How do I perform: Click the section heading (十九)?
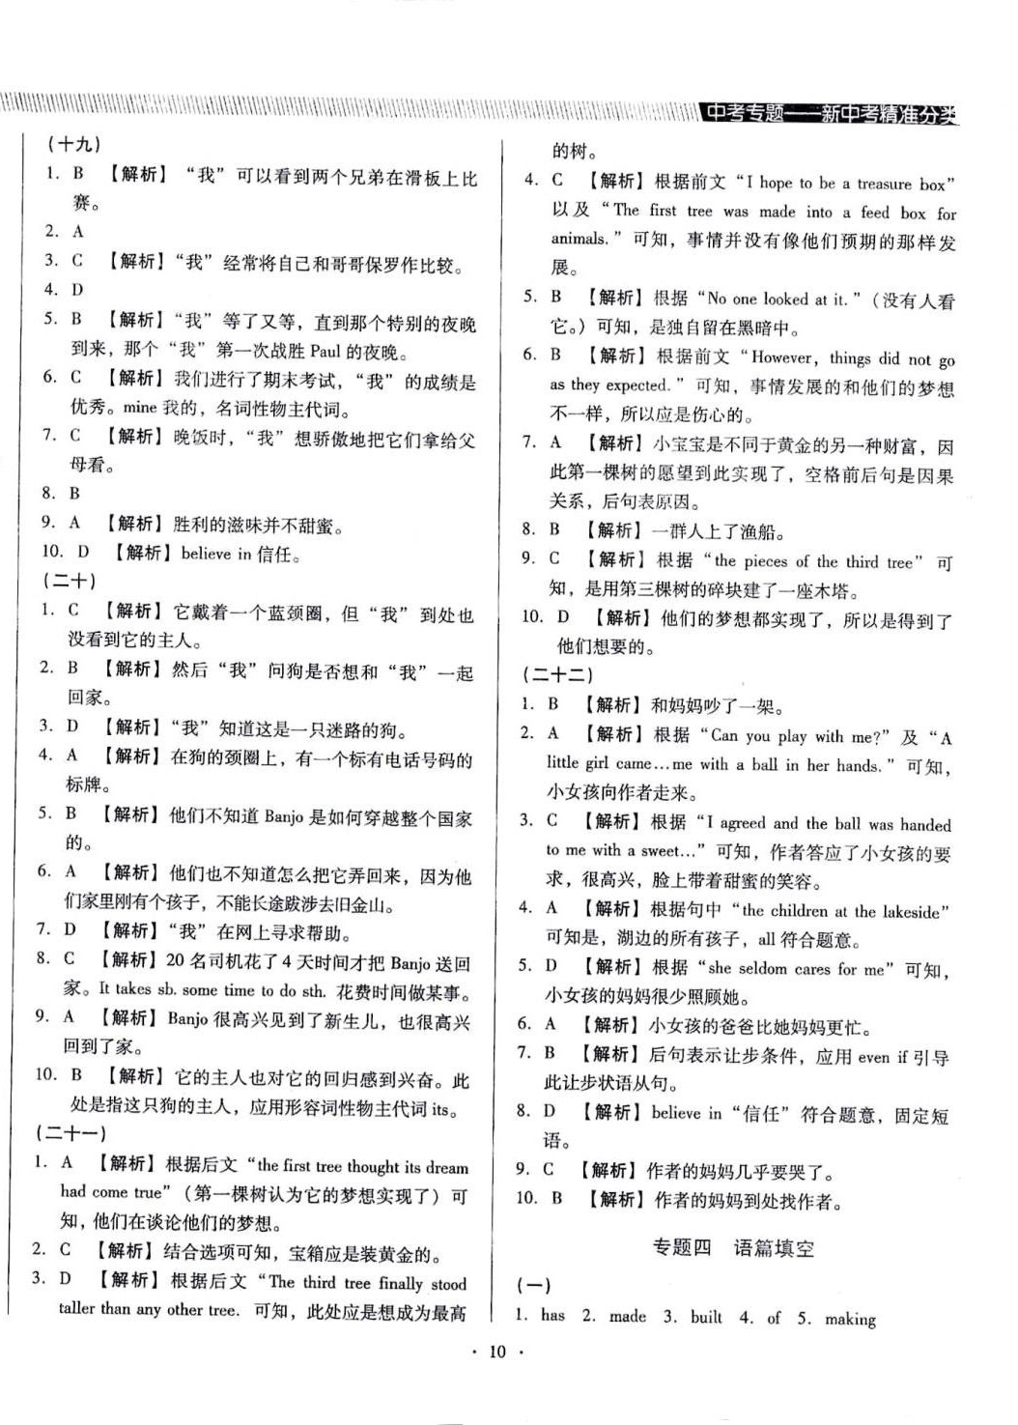73,145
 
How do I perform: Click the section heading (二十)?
70,582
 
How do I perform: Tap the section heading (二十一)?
71,1132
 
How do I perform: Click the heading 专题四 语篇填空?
733,1247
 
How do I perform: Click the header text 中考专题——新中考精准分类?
830,113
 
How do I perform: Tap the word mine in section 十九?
139,408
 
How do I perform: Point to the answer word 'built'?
705,1316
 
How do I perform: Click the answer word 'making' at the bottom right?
850,1318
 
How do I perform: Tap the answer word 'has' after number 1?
552,1315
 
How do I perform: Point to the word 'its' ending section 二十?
440,1109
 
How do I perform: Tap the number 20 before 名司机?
175,960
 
